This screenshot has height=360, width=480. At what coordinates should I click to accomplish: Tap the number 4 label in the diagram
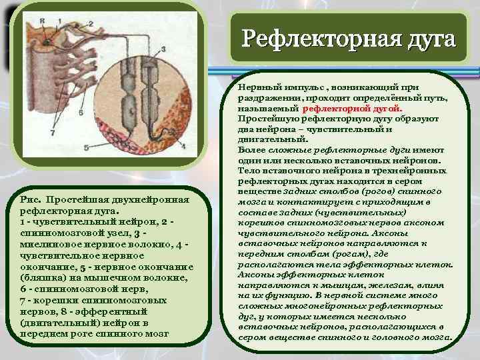pyautogui.click(x=183, y=145)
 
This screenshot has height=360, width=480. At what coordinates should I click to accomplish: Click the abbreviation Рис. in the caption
pyautogui.click(x=33, y=199)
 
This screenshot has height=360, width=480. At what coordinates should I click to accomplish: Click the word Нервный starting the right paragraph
pyautogui.click(x=260, y=87)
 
